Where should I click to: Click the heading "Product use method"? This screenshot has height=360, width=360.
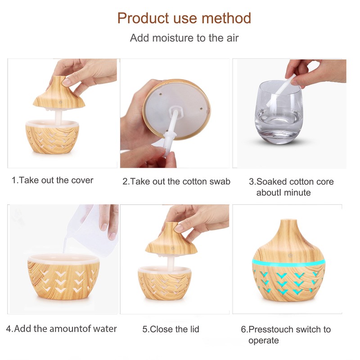[184, 18]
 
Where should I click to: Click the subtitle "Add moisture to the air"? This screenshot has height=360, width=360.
[184, 38]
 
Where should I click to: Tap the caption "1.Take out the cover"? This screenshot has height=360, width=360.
[52, 180]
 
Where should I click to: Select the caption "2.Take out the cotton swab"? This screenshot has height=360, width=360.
[176, 182]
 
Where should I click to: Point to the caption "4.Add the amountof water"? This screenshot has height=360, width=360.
[61, 328]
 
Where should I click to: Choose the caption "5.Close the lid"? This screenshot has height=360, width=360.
[171, 329]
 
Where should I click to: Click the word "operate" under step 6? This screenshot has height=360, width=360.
[264, 341]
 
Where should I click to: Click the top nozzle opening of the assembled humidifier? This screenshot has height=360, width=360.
[288, 221]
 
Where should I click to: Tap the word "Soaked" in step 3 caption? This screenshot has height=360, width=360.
[271, 182]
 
